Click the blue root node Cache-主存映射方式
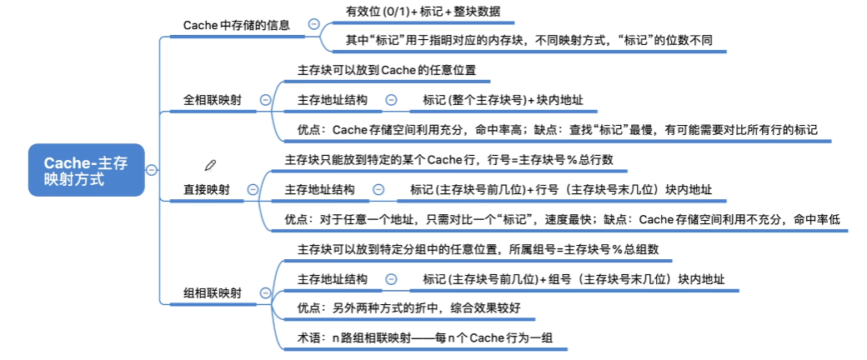pyautogui.click(x=86, y=171)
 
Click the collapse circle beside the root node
pyautogui.click(x=152, y=171)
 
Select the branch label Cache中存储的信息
pyautogui.click(x=236, y=25)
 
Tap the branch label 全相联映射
pyautogui.click(x=213, y=100)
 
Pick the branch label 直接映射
pyautogui.click(x=207, y=190)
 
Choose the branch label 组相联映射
pyautogui.click(x=213, y=292)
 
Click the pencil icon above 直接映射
pyautogui.click(x=210, y=165)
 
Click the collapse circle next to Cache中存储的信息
pyautogui.click(x=313, y=25)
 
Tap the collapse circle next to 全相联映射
pyautogui.click(x=265, y=100)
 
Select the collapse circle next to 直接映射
pyautogui.click(x=253, y=190)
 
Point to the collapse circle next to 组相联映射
pyautogui.click(x=265, y=292)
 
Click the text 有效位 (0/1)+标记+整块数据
pyautogui.click(x=423, y=12)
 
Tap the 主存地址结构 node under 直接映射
pyautogui.click(x=319, y=190)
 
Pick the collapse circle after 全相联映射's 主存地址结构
pyautogui.click(x=391, y=100)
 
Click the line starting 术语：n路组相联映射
pyautogui.click(x=423, y=338)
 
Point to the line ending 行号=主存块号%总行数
pyautogui.click(x=449, y=160)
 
